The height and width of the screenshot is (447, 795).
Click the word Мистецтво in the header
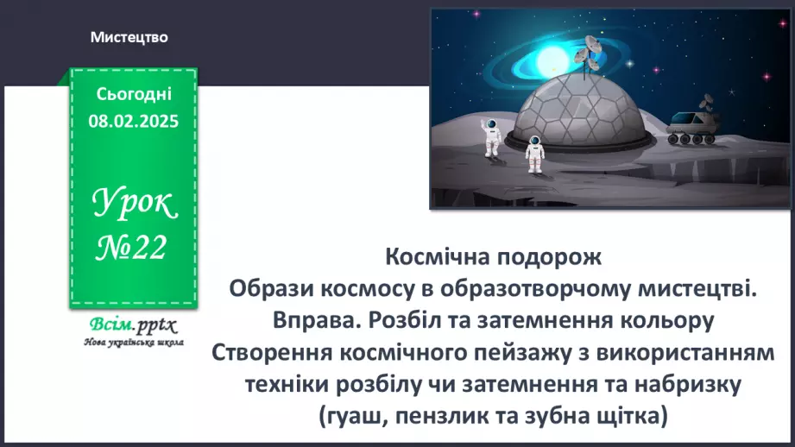click(129, 38)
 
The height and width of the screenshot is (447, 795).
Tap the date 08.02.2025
click(133, 122)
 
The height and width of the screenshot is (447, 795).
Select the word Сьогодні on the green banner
click(134, 93)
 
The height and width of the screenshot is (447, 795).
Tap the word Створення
click(276, 353)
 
